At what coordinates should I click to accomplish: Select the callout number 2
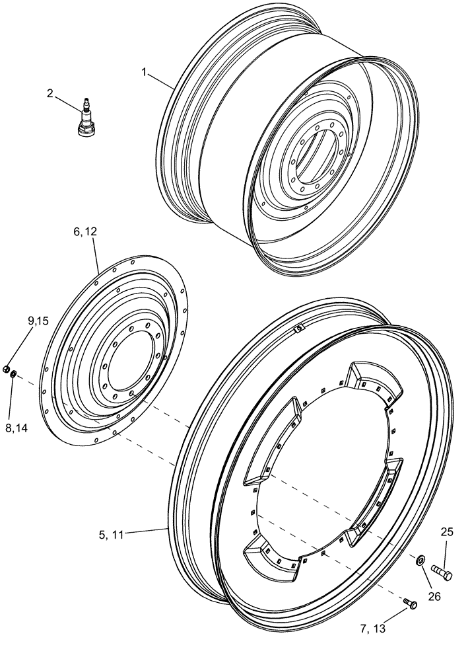pyautogui.click(x=50, y=93)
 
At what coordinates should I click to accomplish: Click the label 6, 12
pyautogui.click(x=85, y=232)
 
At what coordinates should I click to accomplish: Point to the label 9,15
pyautogui.click(x=38, y=321)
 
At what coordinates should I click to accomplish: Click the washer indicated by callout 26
pyautogui.click(x=420, y=561)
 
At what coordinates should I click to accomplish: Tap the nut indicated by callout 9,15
pyautogui.click(x=6, y=368)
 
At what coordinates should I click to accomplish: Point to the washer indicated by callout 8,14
pyautogui.click(x=13, y=375)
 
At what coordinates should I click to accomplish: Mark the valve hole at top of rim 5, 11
pyautogui.click(x=298, y=328)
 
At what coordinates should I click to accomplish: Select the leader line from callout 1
pyautogui.click(x=162, y=79)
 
